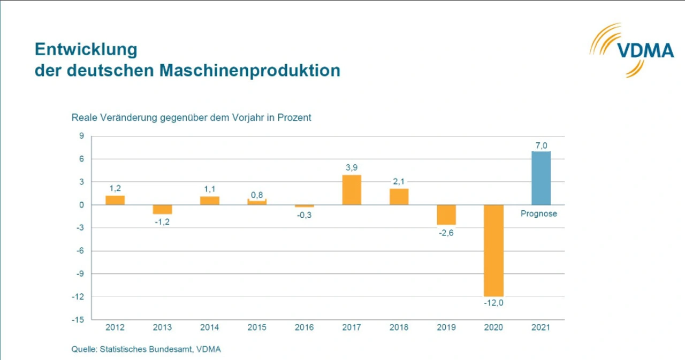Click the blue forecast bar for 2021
click(541, 178)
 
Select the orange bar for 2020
click(493, 250)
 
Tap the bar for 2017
click(352, 190)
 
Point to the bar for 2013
click(162, 209)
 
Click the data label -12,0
click(493, 303)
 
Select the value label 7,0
click(541, 145)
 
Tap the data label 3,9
click(352, 168)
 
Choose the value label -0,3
click(305, 215)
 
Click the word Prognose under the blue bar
click(539, 213)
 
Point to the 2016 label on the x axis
click(305, 327)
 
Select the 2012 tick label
click(115, 327)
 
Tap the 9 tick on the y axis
click(82, 136)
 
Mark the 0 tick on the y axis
click(82, 205)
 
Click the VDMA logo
click(632, 50)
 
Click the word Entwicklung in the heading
click(86, 49)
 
